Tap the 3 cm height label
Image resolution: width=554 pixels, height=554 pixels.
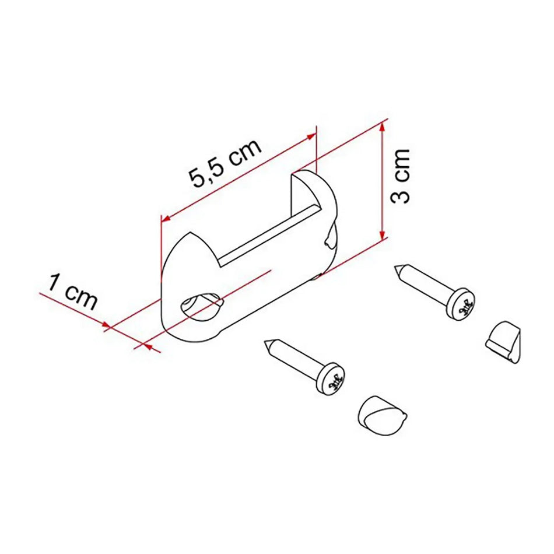click(x=401, y=175)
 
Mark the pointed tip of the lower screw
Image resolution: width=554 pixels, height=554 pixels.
click(x=267, y=342)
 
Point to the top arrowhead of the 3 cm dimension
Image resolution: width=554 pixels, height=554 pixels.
click(x=383, y=125)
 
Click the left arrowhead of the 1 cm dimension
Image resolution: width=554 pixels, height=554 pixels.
click(x=107, y=326)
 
